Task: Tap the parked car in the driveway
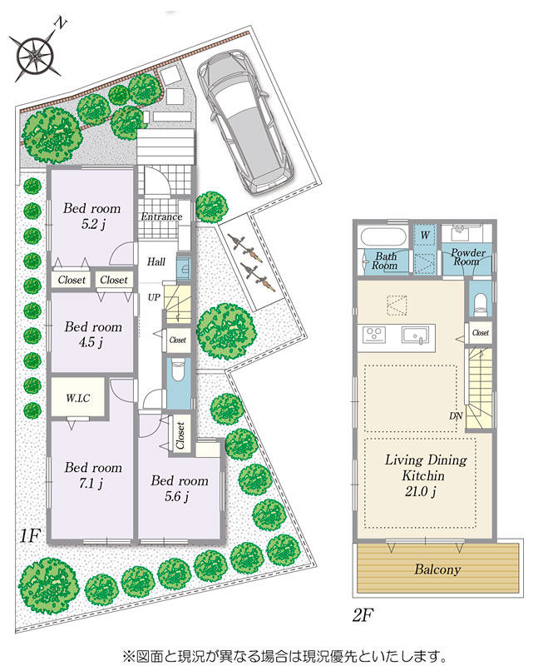245,122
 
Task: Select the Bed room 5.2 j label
92,216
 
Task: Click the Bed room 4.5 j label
92,334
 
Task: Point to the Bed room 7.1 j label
92,475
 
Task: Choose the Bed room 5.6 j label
179,488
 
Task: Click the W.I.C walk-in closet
77,398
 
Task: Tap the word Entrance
161,216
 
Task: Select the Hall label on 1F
156,261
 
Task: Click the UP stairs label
154,297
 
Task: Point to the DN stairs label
456,415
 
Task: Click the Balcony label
437,569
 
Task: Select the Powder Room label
467,257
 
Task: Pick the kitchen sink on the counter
415,335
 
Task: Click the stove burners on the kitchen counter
374,334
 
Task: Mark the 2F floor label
363,614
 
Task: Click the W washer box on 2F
425,235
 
